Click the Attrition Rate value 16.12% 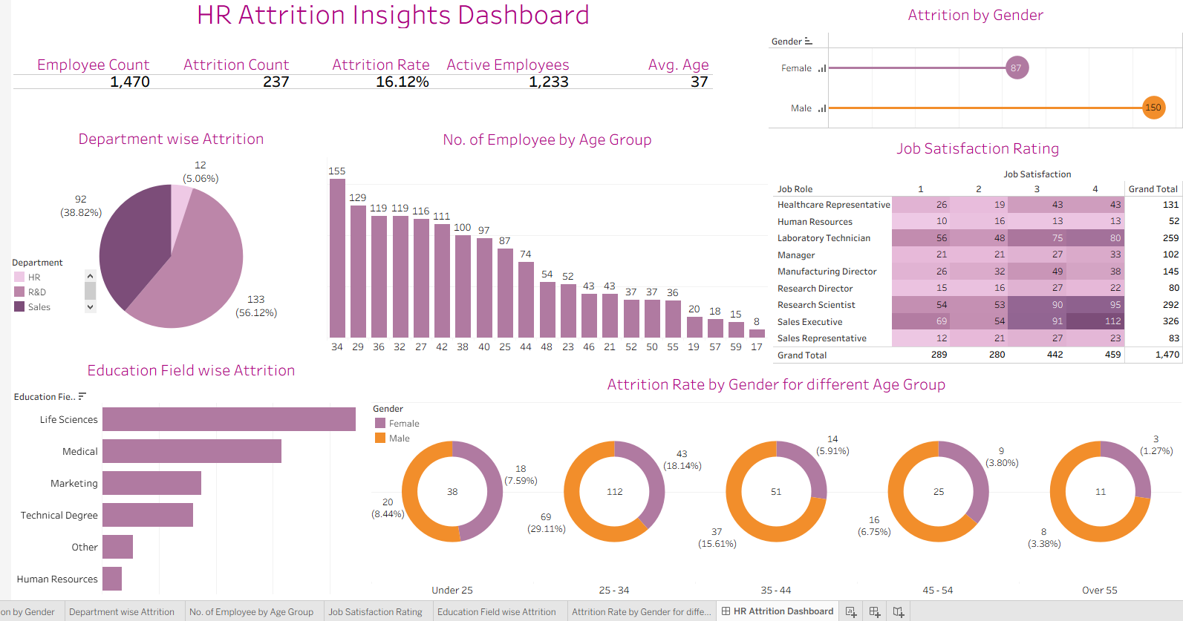coord(402,82)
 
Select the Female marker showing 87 coord(1016,68)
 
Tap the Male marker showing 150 coord(1153,108)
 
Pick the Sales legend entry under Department coord(39,307)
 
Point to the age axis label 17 coord(757,346)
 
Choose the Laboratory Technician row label coord(824,238)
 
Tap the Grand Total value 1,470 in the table coord(1167,355)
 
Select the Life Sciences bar coord(229,419)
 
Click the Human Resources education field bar coord(112,579)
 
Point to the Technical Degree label coord(59,515)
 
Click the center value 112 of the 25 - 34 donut coord(614,492)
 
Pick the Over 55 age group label coord(1099,590)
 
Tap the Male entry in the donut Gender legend coord(399,438)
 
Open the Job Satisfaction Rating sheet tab coord(375,612)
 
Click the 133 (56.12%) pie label coord(256,306)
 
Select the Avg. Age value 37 coord(699,82)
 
